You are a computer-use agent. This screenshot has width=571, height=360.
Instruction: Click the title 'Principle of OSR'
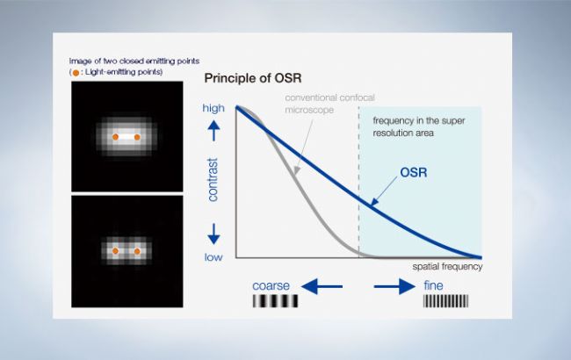(x=252, y=79)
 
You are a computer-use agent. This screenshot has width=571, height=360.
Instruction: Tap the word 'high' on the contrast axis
(x=213, y=108)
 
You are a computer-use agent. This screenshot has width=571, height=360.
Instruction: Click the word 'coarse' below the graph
(x=272, y=285)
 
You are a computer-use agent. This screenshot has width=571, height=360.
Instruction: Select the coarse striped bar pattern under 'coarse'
(x=273, y=303)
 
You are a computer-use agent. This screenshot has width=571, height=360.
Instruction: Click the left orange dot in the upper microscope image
(x=114, y=136)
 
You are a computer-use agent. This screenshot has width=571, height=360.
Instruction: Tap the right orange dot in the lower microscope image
(x=136, y=251)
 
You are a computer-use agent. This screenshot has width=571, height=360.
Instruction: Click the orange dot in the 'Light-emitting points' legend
(x=76, y=72)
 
